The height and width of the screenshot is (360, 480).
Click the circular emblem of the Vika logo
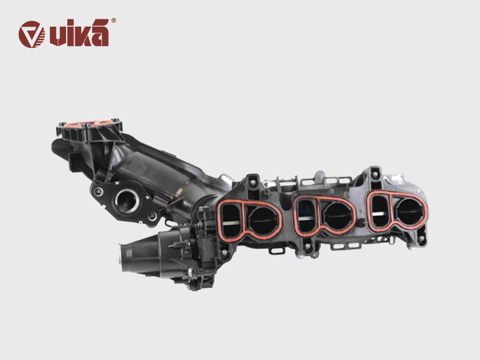(x=32, y=34)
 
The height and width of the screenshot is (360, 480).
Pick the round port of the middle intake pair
(x=334, y=215)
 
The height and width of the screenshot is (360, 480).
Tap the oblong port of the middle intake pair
(x=306, y=215)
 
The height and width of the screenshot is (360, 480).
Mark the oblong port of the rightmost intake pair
(x=379, y=209)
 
